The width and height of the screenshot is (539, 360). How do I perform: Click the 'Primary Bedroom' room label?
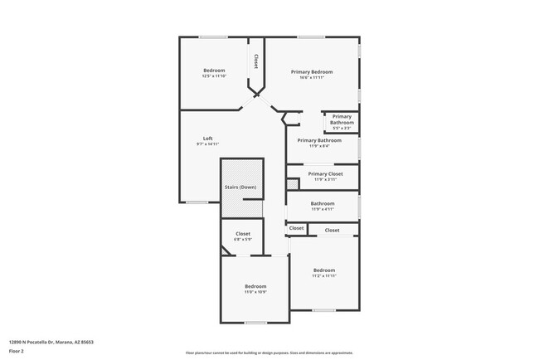(x=312, y=72)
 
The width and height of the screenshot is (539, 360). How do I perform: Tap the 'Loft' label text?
(x=208, y=139)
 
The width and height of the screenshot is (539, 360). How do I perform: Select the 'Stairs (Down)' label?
(x=240, y=187)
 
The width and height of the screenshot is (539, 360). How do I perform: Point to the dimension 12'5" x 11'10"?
(x=214, y=76)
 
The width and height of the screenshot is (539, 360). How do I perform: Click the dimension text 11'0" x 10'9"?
(x=254, y=292)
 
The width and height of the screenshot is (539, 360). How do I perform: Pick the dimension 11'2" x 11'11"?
(x=323, y=275)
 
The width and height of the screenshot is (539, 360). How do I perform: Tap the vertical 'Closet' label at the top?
(x=256, y=61)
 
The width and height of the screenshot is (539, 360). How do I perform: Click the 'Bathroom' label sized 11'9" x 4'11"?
(x=323, y=203)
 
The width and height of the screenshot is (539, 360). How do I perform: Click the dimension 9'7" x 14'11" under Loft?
(x=208, y=144)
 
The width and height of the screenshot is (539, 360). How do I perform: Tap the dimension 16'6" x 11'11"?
(x=312, y=78)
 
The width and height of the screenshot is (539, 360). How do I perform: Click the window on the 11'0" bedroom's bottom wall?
(x=255, y=323)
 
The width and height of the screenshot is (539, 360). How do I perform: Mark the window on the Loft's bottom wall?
(x=197, y=202)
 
